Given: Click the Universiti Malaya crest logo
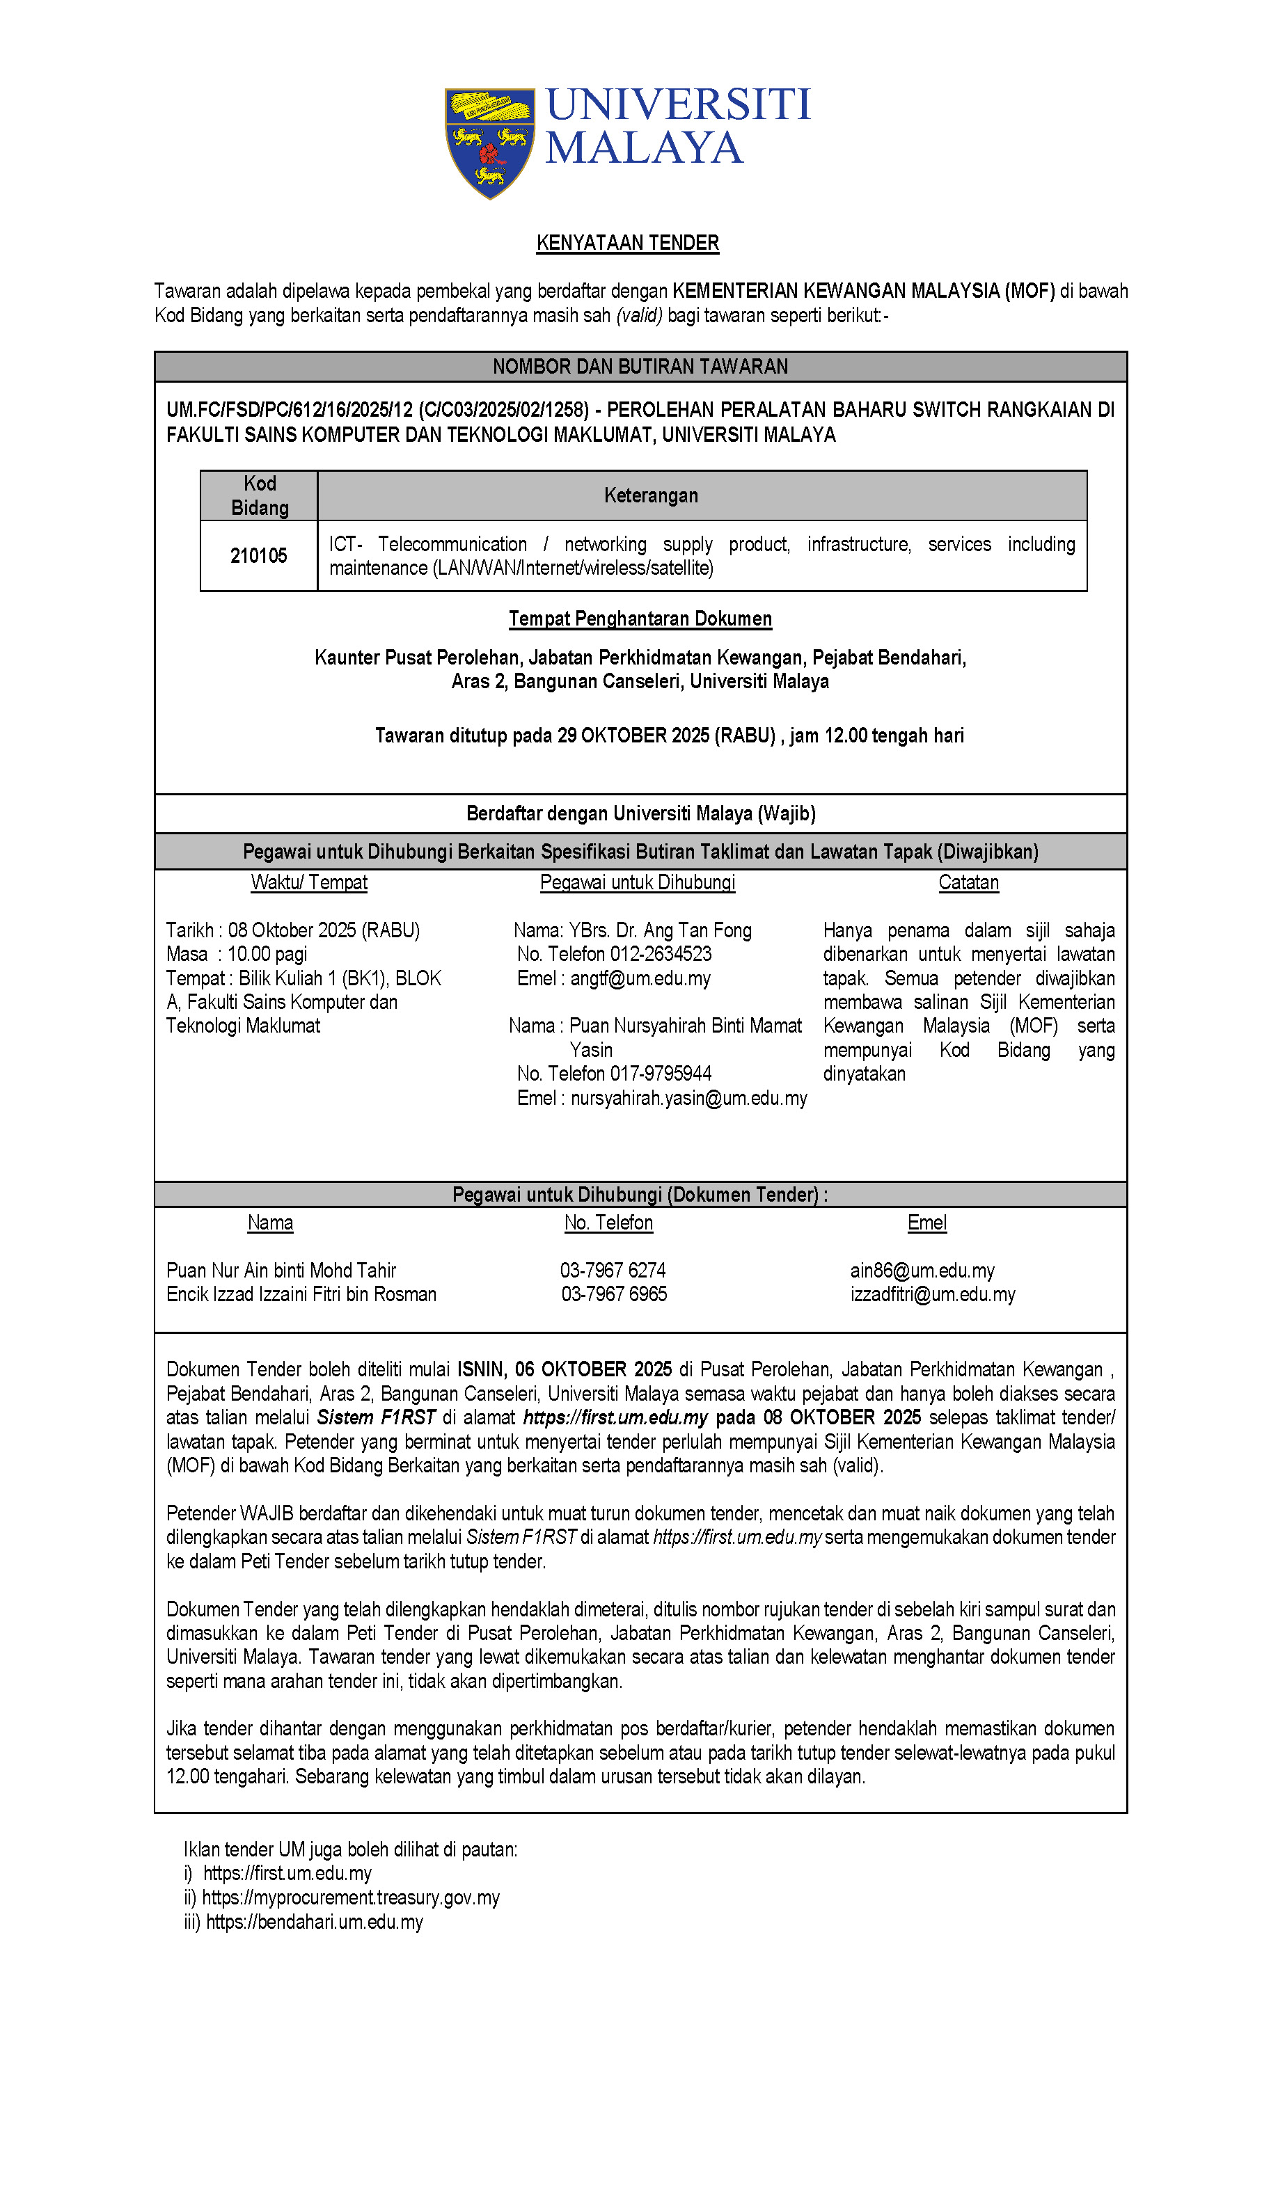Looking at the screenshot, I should click(x=489, y=143).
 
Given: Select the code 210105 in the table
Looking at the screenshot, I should click(x=258, y=555).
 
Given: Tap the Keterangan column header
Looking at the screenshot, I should click(x=651, y=495).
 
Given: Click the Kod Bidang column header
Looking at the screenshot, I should click(x=259, y=495).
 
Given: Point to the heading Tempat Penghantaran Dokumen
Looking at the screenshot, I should click(x=640, y=619).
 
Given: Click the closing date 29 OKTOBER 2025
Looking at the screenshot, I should click(x=633, y=735).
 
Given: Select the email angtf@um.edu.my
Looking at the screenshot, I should click(x=640, y=978).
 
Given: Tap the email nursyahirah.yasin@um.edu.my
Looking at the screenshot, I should click(x=688, y=1098).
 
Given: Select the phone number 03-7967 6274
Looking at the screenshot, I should click(x=613, y=1270).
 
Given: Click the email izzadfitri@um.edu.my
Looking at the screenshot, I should click(x=932, y=1294).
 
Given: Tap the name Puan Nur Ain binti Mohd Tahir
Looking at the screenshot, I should click(x=281, y=1270).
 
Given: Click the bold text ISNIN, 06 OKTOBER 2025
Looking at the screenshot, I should click(x=564, y=1370).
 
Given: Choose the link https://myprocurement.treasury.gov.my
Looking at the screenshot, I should click(x=351, y=1898).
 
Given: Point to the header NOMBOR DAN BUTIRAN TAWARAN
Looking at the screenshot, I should click(x=640, y=367).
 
